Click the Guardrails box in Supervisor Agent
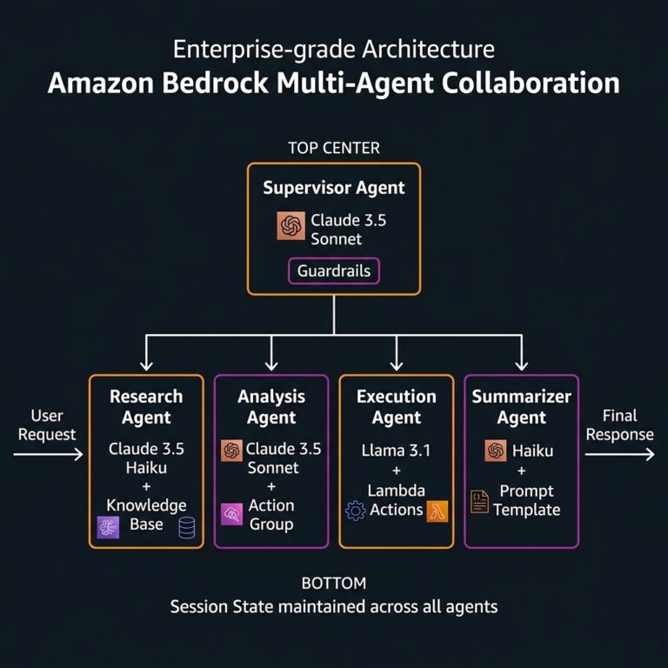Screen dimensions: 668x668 (x=334, y=271)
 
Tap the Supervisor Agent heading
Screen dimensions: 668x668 (x=334, y=188)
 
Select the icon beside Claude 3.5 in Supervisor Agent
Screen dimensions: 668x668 (x=291, y=226)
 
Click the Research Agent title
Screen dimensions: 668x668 (x=146, y=407)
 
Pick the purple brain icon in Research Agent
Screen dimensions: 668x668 (x=109, y=527)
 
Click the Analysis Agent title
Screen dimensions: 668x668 (x=271, y=407)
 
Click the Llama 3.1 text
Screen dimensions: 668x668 (x=396, y=451)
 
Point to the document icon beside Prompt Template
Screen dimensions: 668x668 (x=479, y=501)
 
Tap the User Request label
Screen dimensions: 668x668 (x=47, y=424)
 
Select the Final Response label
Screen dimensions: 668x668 (x=619, y=424)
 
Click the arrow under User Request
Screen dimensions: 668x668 (x=49, y=454)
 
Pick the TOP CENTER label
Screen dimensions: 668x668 (x=334, y=148)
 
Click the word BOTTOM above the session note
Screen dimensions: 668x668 (x=334, y=583)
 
